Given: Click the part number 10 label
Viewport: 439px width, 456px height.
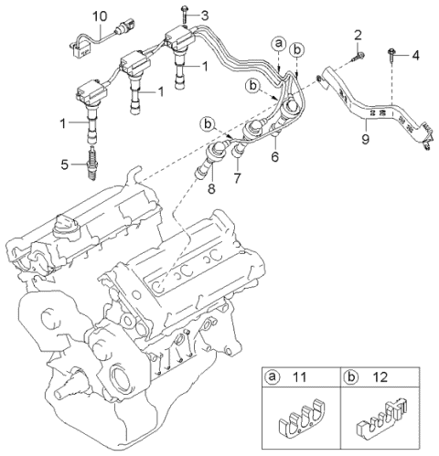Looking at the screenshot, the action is [100, 16].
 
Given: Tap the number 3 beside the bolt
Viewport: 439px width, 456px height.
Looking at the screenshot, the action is [205, 16].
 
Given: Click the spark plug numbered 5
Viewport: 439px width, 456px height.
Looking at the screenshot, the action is [93, 163].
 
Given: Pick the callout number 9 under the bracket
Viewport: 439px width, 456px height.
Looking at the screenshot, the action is [365, 139].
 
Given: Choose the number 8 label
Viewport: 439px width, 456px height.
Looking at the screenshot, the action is [211, 188].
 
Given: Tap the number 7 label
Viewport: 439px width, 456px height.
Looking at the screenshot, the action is [238, 178].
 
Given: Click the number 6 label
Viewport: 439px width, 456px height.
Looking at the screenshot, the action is [275, 156].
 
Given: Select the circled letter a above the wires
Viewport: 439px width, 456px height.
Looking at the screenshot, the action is [279, 44].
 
